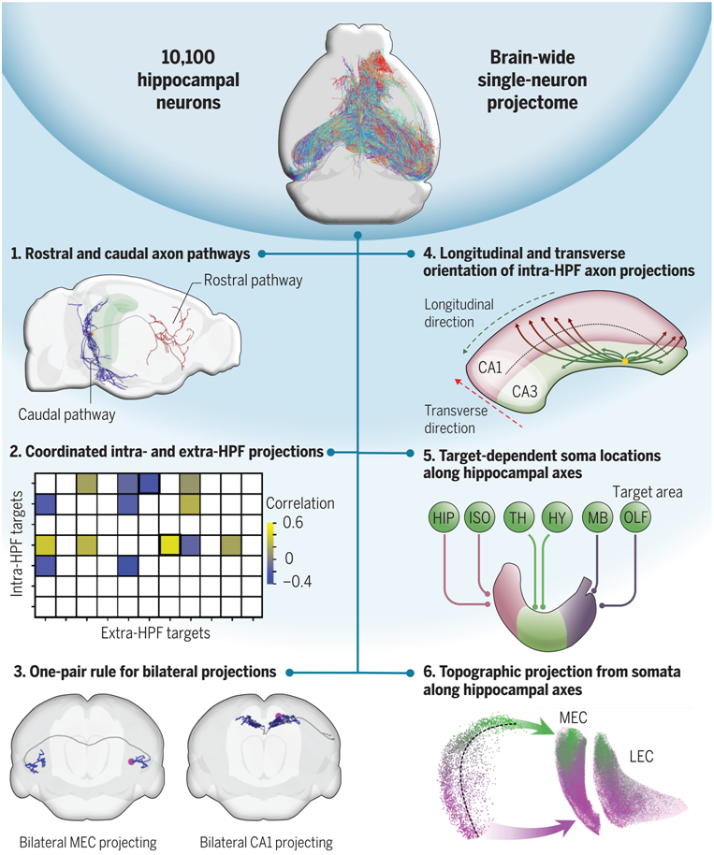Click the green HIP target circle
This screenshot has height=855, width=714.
coord(448,517)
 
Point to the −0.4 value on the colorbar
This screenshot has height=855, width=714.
coord(297,580)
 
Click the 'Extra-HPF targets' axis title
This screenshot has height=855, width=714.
coord(153,633)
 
